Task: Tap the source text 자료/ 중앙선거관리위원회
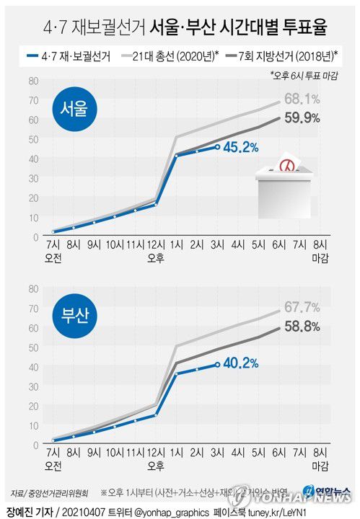pos(45,495)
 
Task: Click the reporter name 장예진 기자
pos(26,511)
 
